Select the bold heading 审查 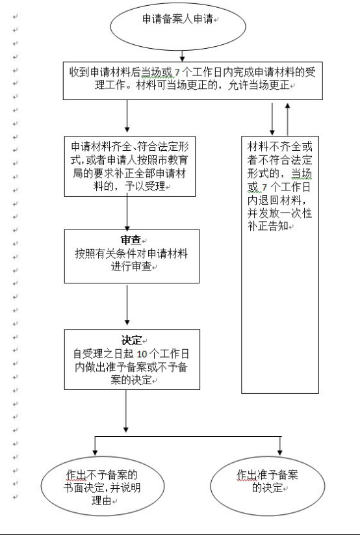click(x=131, y=241)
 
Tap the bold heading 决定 click(x=131, y=340)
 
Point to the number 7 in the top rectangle click(x=176, y=73)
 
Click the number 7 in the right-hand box click(x=264, y=187)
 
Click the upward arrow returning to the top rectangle click(x=288, y=119)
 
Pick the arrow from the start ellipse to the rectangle click(x=182, y=56)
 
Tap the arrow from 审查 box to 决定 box click(x=127, y=305)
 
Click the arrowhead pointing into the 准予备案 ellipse click(x=280, y=452)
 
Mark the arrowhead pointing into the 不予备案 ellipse click(x=96, y=452)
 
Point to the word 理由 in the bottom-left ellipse click(x=101, y=501)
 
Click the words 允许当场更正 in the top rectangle click(x=259, y=85)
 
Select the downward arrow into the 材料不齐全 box click(x=272, y=119)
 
